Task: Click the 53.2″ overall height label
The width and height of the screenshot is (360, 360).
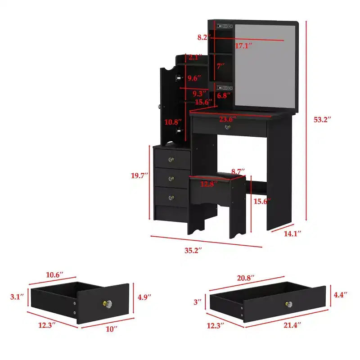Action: tap(322, 120)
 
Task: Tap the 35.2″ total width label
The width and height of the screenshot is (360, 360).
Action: tap(193, 250)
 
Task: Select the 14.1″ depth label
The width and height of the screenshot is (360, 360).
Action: tap(292, 234)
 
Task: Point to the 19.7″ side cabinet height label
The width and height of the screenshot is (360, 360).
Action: tap(139, 175)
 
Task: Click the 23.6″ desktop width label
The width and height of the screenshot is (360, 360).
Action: tap(228, 119)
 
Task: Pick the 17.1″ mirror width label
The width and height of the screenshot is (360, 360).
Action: tap(243, 46)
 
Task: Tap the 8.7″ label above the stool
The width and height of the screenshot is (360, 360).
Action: tap(238, 171)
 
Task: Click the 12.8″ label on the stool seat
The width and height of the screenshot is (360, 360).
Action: tap(209, 184)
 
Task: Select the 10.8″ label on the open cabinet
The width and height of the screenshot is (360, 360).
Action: tap(173, 122)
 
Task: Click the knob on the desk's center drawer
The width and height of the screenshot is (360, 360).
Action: tap(228, 127)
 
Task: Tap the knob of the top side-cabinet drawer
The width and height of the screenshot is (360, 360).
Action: tap(171, 159)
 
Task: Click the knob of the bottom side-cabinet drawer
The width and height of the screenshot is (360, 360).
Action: tap(171, 198)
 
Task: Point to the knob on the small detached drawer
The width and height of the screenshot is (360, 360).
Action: tap(108, 304)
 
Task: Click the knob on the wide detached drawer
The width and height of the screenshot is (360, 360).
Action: tap(289, 305)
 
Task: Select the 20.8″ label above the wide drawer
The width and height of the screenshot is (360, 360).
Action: tap(246, 278)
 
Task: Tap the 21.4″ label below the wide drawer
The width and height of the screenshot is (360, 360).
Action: tap(292, 325)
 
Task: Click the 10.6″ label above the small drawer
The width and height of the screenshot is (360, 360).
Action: tap(54, 275)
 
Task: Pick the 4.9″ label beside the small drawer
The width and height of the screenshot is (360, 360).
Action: tap(144, 297)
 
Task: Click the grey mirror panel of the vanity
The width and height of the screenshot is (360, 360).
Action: tap(265, 66)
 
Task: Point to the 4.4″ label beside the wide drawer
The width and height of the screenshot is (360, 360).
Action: tap(340, 295)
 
